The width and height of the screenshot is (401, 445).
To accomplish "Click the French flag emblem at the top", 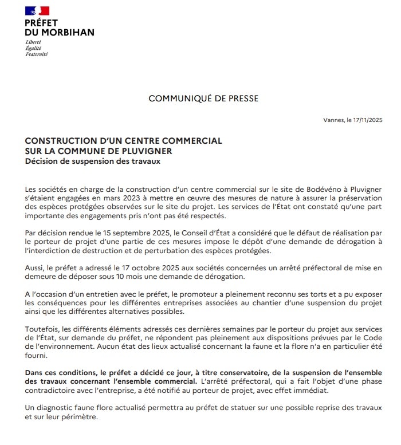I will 37,10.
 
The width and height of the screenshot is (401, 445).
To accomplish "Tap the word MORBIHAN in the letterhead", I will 67,32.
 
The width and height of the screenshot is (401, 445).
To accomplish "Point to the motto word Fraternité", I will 37,54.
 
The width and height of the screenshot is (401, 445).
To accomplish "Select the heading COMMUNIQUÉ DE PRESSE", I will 203,99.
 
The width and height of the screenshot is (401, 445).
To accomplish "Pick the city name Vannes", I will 332,120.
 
